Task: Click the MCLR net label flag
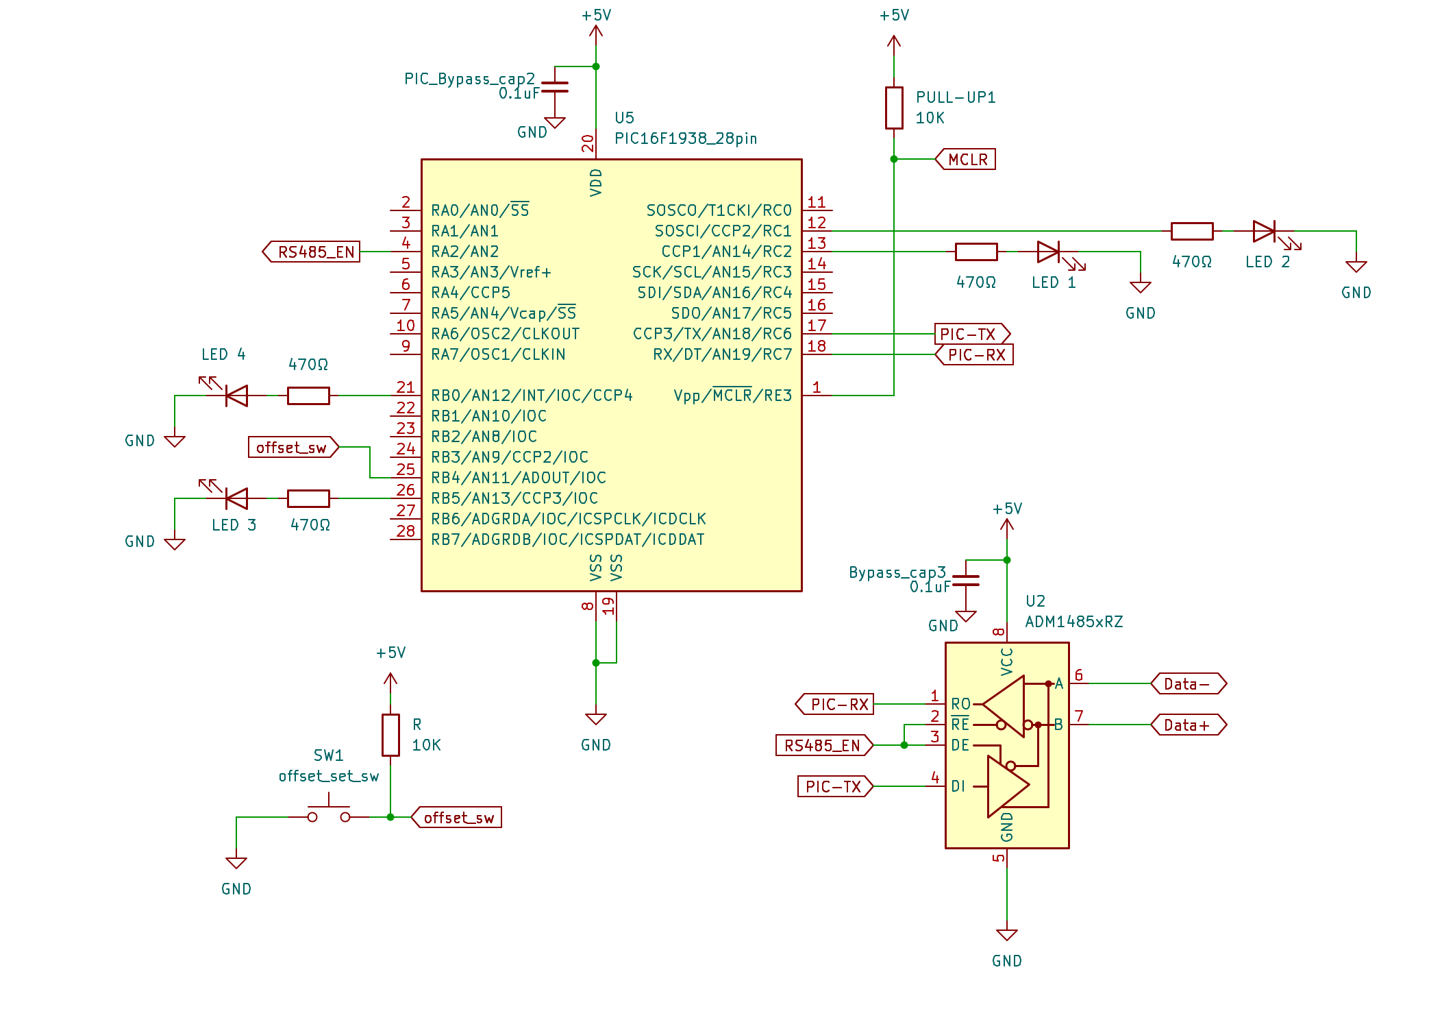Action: [965, 159]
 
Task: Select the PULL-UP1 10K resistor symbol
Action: [894, 108]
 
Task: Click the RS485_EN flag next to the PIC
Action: [311, 252]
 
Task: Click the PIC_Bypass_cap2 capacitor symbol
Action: [555, 87]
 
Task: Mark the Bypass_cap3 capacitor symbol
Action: [966, 581]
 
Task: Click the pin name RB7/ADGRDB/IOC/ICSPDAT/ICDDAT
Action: [568, 539]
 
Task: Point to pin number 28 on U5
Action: [406, 531]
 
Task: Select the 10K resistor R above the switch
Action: [390, 735]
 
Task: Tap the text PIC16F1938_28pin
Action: [686, 138]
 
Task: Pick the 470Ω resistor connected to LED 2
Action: [1192, 231]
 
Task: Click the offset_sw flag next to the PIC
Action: [293, 447]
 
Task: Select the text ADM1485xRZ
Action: [1074, 622]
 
